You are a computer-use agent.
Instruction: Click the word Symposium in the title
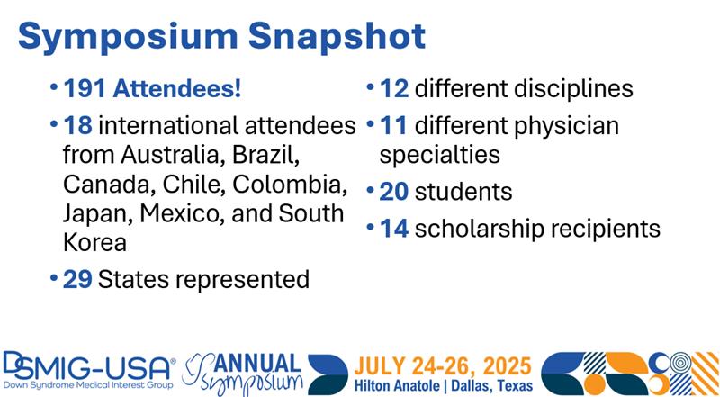128,37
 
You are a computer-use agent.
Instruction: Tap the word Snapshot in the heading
337,37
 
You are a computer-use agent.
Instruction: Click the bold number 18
77,125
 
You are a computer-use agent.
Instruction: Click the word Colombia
289,185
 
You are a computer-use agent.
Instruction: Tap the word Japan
98,215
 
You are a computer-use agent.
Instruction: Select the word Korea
94,243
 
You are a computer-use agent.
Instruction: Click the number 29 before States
77,279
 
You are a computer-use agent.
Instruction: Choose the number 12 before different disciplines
394,88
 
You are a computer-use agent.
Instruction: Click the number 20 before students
394,191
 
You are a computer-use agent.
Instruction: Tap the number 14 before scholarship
394,229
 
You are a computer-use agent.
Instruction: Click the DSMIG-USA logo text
89,367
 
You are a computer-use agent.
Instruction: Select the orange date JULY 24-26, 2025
443,366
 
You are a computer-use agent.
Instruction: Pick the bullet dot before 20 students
371,190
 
